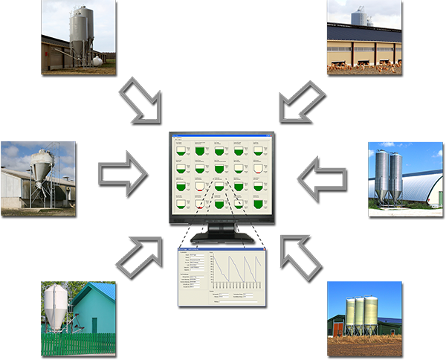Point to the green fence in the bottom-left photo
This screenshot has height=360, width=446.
78,343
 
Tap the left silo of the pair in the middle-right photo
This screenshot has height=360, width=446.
381,174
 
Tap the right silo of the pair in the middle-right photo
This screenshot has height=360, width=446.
395,176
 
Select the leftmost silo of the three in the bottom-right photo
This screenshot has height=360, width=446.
351,315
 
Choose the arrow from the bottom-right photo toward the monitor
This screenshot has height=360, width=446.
300,241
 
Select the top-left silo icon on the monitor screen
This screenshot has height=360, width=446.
179,152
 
